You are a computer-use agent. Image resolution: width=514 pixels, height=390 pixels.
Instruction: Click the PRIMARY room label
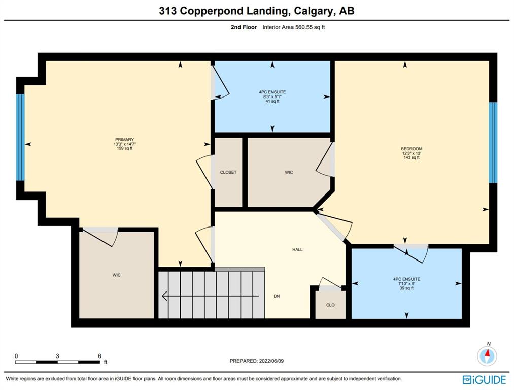point(124,140)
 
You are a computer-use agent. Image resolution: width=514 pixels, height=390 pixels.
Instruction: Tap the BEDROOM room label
point(412,149)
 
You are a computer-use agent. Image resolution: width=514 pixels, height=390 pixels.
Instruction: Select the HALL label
point(297,250)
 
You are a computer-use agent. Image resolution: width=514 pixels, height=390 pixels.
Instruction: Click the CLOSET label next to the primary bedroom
point(228,172)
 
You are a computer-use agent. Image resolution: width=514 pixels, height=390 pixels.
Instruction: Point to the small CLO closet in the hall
point(330,305)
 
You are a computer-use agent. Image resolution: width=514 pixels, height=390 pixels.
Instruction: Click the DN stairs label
point(277,296)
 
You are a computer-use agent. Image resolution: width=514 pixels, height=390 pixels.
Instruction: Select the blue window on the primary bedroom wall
point(20,138)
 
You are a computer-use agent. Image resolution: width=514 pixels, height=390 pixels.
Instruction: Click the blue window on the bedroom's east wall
point(493,143)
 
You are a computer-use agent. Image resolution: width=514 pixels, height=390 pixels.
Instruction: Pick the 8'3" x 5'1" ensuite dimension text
point(272,97)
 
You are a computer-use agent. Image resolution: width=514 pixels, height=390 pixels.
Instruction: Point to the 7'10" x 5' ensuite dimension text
point(406,284)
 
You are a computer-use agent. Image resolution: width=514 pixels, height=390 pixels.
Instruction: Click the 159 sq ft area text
point(124,148)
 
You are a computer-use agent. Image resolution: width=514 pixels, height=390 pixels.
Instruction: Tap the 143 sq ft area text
point(412,157)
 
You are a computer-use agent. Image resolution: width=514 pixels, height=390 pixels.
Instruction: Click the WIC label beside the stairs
point(116,275)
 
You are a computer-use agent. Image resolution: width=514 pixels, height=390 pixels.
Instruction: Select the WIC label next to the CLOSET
point(289,172)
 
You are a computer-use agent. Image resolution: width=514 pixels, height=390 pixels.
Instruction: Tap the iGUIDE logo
point(485,380)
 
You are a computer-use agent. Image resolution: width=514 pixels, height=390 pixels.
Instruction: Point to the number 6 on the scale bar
point(99,356)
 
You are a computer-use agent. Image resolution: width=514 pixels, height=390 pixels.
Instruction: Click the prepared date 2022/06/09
point(271,361)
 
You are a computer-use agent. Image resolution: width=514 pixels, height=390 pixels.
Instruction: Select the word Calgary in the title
point(313,11)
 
